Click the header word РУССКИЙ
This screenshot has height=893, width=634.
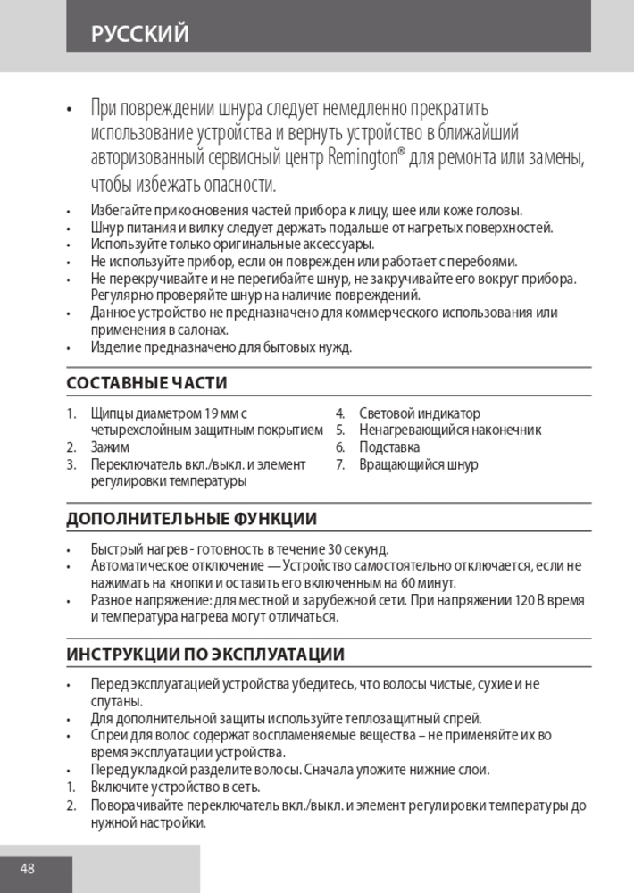click(139, 34)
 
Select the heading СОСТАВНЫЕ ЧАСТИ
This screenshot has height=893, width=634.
click(146, 383)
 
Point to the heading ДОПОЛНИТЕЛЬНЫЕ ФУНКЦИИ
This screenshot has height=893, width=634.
click(191, 519)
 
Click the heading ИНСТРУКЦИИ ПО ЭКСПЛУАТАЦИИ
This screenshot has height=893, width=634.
click(205, 655)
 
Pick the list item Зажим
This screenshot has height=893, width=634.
click(110, 447)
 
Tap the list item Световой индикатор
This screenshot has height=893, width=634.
click(420, 413)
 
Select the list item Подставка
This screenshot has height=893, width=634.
click(389, 447)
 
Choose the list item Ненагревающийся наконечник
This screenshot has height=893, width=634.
click(450, 430)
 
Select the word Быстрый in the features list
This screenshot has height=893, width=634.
click(113, 548)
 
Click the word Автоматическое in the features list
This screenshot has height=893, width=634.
click(137, 565)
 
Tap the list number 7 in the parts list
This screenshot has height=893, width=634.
click(340, 464)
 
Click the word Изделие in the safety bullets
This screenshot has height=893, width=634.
click(113, 346)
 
